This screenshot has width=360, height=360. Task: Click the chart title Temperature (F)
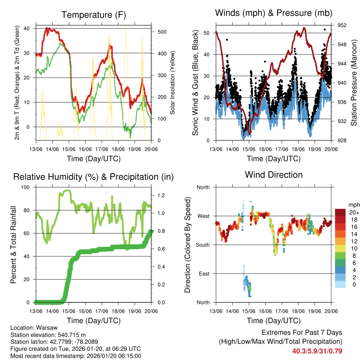point(93,15)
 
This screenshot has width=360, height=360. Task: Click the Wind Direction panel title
point(274,174)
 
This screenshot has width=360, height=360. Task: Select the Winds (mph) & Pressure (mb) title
point(274,13)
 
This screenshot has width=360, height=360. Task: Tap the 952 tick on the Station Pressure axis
point(342,25)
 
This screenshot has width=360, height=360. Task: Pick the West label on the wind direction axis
point(203,216)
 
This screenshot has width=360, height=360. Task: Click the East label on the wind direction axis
point(204,274)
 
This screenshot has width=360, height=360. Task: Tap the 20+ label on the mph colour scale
point(353,213)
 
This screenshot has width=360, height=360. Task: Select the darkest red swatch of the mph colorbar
point(340,212)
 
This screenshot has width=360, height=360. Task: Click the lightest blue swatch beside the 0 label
point(340,284)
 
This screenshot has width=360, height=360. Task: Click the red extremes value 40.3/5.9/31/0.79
point(317,351)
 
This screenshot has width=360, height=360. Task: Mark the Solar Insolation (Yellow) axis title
point(173,83)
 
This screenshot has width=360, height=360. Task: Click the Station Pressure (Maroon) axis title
point(354,83)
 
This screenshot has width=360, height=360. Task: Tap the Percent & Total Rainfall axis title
point(13,245)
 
